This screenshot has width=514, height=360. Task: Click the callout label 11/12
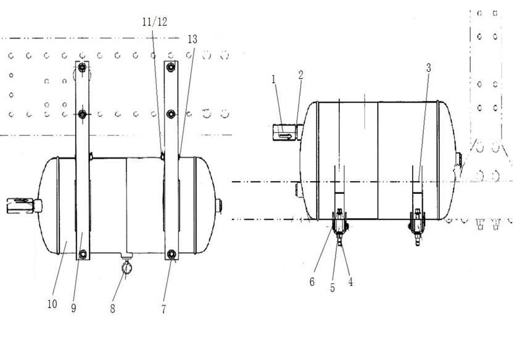point(155,22)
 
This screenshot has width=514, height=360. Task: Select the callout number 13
point(193,40)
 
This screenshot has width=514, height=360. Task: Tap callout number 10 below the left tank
point(52,304)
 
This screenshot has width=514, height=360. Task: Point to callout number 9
point(73,308)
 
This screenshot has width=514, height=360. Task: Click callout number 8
point(112,309)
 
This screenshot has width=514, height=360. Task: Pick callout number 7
point(164,309)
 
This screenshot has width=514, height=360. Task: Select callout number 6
point(312,282)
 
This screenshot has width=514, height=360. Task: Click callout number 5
point(333,288)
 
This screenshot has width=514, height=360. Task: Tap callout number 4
point(350,282)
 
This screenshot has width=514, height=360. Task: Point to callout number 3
point(428,68)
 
